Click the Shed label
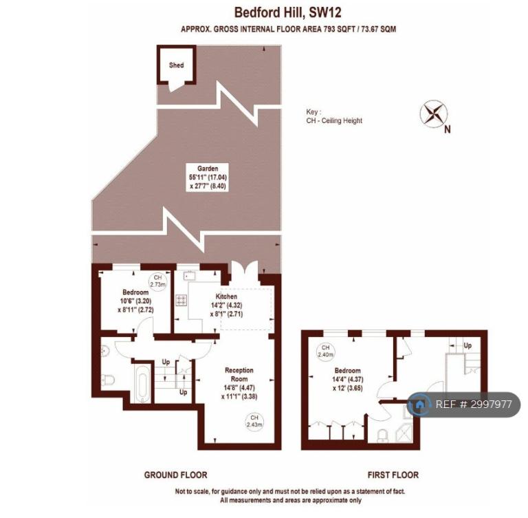coord(177,65)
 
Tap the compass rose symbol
coord(434,114)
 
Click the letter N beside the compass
coord(447,129)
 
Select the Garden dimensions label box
coord(208,177)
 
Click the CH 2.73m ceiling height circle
coord(158,281)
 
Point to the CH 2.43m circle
coord(254,421)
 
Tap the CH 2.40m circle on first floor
coord(325,351)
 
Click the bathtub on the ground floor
coord(143,384)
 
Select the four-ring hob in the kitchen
coord(181,301)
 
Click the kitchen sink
coord(189,276)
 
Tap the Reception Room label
coord(239,374)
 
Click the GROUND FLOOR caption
coord(176,475)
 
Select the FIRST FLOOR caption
coord(393,475)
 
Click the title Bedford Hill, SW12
coord(288,12)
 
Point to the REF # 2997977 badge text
coord(474,404)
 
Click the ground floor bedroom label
coord(135,292)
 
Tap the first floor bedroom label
coord(347,370)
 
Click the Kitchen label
coord(226,296)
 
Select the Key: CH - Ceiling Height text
coord(334,116)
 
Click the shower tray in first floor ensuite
coord(404,433)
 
